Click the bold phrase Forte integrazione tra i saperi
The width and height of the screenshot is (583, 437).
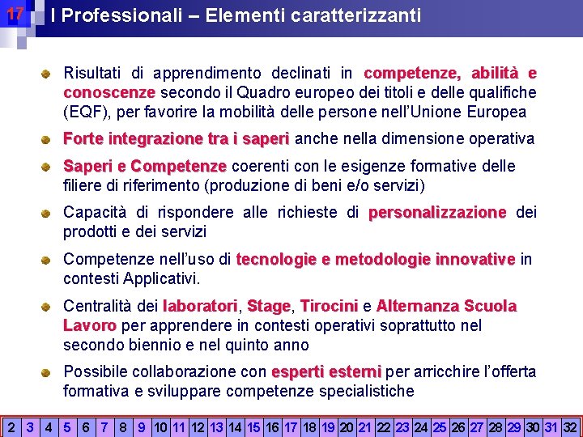(x=176, y=139)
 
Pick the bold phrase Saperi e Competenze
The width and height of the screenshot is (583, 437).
(x=145, y=167)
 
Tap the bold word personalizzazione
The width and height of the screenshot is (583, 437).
(x=437, y=213)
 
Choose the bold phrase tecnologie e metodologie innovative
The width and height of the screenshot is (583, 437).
(x=375, y=260)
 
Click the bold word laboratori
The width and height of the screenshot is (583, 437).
(x=200, y=307)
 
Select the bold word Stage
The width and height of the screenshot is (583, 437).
(x=269, y=307)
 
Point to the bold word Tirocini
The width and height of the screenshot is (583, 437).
(x=329, y=307)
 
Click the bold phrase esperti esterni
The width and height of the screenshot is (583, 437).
(x=326, y=372)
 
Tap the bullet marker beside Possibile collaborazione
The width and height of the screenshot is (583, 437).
(x=49, y=372)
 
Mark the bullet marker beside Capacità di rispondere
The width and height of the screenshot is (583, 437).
(x=49, y=213)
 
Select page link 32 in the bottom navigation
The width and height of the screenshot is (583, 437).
(x=570, y=426)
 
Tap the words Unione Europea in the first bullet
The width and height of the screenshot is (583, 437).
(x=477, y=112)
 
